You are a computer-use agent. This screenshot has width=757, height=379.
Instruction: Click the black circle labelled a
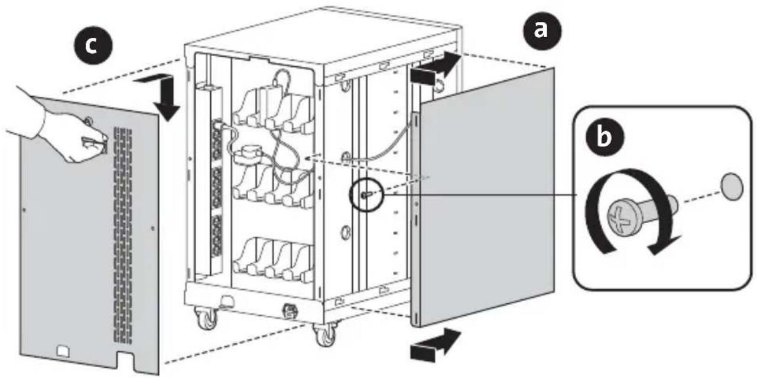(x=540, y=31)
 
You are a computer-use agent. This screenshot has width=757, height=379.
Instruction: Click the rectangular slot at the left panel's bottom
(x=63, y=352)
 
